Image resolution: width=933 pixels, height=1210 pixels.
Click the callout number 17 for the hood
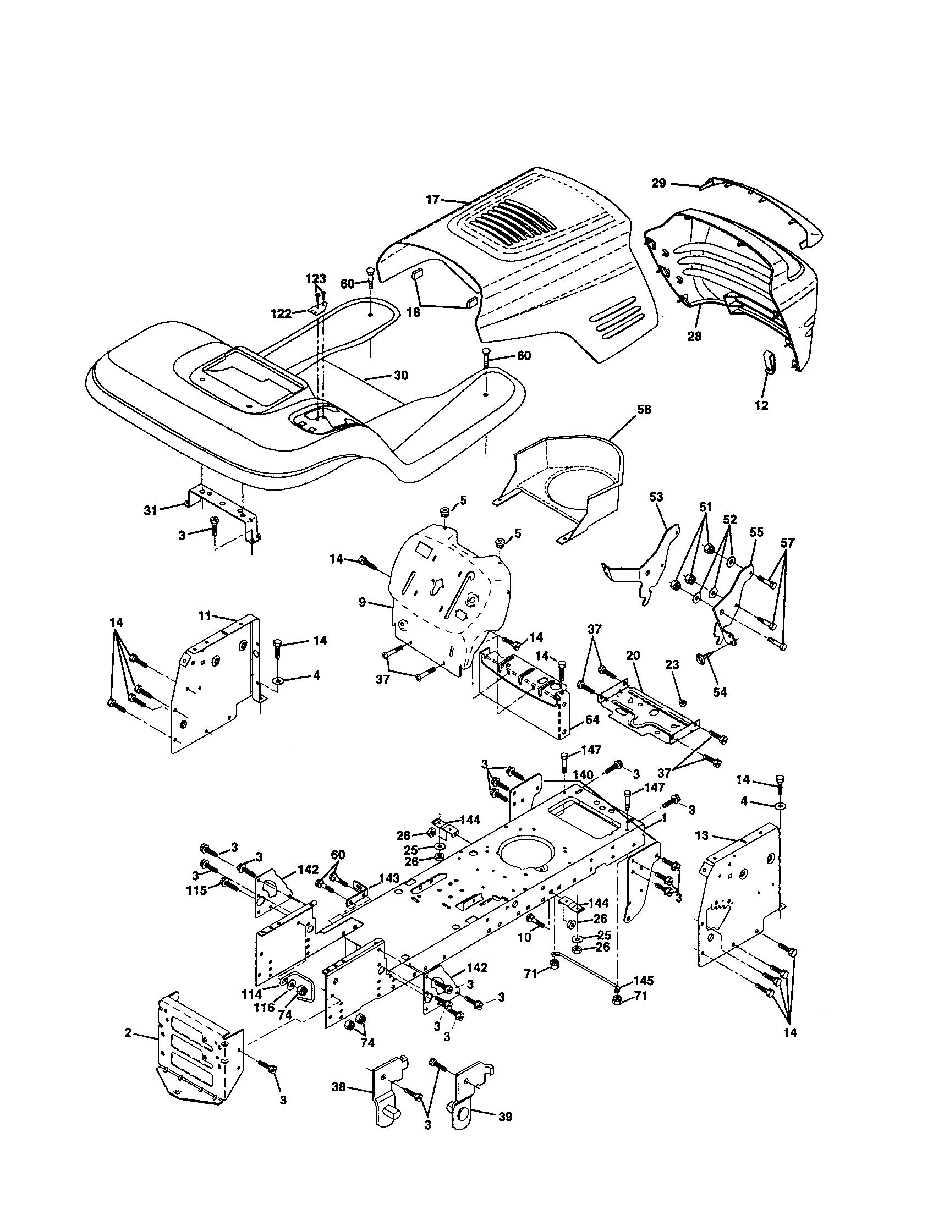click(433, 200)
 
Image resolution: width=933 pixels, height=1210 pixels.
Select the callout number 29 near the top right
click(658, 183)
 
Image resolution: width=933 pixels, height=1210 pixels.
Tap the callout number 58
click(644, 409)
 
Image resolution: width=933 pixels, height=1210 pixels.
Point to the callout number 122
click(281, 314)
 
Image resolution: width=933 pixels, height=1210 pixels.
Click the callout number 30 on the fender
click(400, 376)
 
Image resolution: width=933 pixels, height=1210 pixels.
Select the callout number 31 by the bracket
click(151, 510)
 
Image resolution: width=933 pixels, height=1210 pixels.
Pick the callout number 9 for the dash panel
click(362, 602)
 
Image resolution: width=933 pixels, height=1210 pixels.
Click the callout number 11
click(205, 615)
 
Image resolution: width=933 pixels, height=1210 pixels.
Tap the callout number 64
click(592, 721)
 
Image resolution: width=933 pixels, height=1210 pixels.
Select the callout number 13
click(702, 835)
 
